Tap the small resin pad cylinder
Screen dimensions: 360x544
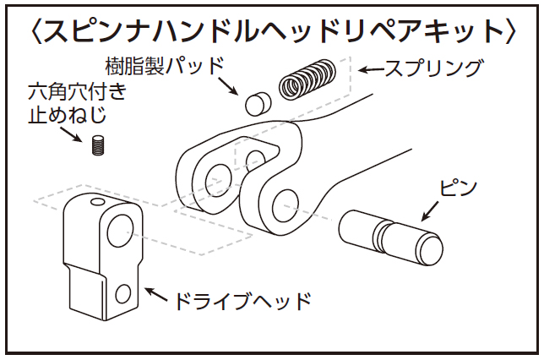(256, 104)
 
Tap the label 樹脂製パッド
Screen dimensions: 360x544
(165, 65)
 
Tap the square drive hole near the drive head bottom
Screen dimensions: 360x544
(124, 294)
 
